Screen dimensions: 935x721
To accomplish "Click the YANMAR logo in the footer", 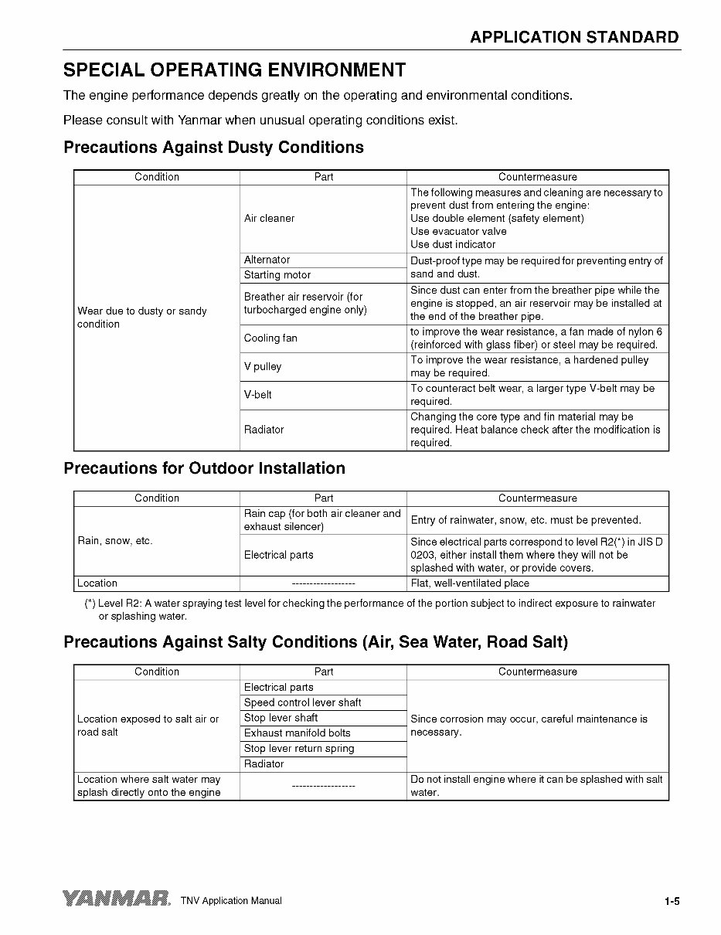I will pyautogui.click(x=117, y=899).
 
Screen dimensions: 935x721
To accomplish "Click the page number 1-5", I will pyautogui.click(x=671, y=901).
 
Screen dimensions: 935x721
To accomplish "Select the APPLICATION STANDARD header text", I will pyautogui.click(x=574, y=37).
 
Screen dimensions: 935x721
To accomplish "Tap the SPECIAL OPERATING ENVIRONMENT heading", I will pyautogui.click(x=234, y=70).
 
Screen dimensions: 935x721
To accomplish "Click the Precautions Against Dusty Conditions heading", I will pyautogui.click(x=213, y=147).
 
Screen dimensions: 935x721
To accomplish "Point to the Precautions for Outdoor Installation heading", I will pyautogui.click(x=204, y=468).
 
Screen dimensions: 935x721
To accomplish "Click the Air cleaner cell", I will pyautogui.click(x=270, y=219).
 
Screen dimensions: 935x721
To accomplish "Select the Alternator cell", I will pyautogui.click(x=267, y=260).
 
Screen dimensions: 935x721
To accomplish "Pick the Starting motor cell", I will pyautogui.click(x=277, y=275).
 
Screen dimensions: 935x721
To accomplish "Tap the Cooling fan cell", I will pyautogui.click(x=270, y=338).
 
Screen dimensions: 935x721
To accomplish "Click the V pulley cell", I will pyautogui.click(x=263, y=367).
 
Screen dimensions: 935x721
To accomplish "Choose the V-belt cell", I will pyautogui.click(x=258, y=395).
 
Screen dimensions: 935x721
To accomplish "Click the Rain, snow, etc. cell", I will pyautogui.click(x=115, y=541).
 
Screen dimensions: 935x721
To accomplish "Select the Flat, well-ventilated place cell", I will pyautogui.click(x=470, y=583).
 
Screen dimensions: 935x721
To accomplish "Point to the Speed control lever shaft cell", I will pyautogui.click(x=303, y=703).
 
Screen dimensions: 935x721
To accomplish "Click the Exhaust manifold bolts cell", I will pyautogui.click(x=298, y=733).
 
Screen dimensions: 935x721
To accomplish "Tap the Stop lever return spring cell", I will pyautogui.click(x=299, y=749).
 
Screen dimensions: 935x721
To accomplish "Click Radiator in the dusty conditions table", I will pyautogui.click(x=264, y=430).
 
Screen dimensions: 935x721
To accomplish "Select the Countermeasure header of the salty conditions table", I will pyautogui.click(x=537, y=672).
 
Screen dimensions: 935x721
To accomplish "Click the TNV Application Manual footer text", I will pyautogui.click(x=231, y=901).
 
